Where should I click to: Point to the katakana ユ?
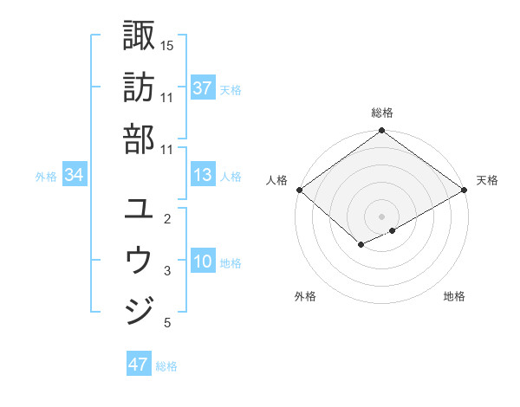point(139,208)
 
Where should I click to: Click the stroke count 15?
point(167,44)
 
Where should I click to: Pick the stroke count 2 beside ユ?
point(167,219)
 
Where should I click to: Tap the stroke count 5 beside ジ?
point(167,323)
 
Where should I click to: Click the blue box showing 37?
point(202,88)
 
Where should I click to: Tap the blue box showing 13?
point(202,176)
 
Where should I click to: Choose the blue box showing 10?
point(202,262)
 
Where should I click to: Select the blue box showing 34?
point(74,176)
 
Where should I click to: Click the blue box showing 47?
point(139,365)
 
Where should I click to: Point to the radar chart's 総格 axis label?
point(381,113)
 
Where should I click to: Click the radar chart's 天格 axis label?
point(487,180)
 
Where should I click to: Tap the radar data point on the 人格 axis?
point(299,190)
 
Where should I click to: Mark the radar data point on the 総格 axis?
point(381,132)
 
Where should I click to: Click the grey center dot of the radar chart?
point(381,215)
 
